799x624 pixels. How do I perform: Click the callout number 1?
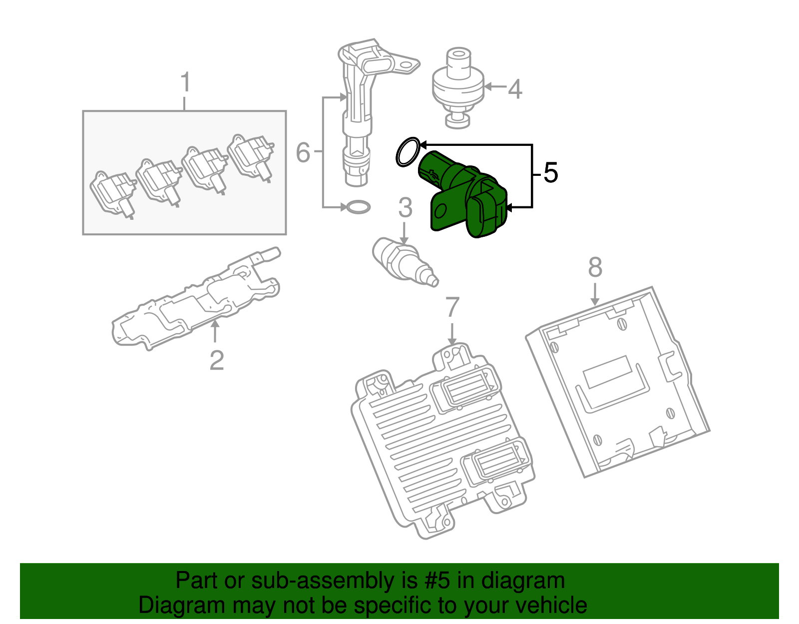(185, 83)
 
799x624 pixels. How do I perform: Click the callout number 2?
(216, 360)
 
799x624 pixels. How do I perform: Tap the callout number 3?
(405, 208)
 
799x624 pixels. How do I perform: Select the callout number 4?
(515, 89)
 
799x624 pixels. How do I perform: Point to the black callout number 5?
(550, 173)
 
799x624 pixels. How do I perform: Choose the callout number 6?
(303, 152)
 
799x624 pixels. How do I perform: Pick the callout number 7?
(452, 307)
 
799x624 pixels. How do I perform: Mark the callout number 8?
(595, 268)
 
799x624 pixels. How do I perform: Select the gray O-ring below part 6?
(358, 207)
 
